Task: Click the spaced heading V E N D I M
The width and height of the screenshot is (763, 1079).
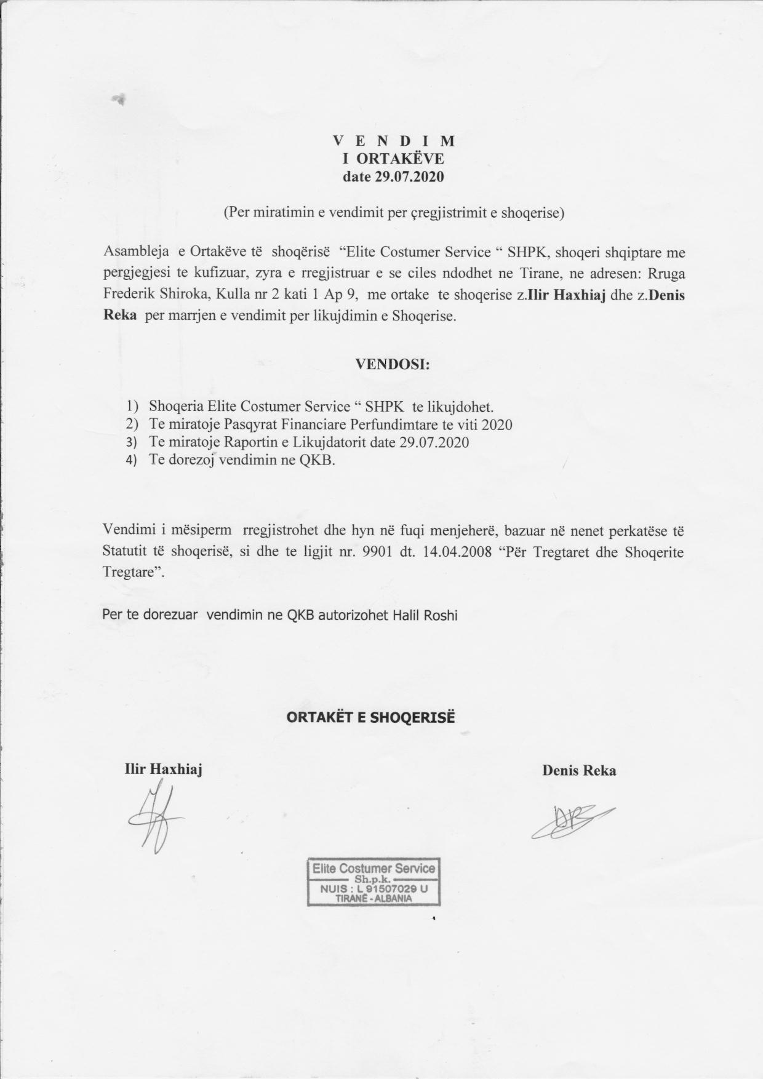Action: pos(393,141)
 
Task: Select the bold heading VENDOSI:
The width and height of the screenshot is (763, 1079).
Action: pos(392,364)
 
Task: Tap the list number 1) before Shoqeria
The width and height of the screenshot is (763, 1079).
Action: pos(133,407)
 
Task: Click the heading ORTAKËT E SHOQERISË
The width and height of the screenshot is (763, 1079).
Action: pos(371,717)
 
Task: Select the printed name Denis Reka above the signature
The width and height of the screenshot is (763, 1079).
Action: pos(579,770)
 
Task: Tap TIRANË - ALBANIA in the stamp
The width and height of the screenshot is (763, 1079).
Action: pos(374,898)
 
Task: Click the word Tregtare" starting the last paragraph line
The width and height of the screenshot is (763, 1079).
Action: pos(134,571)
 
